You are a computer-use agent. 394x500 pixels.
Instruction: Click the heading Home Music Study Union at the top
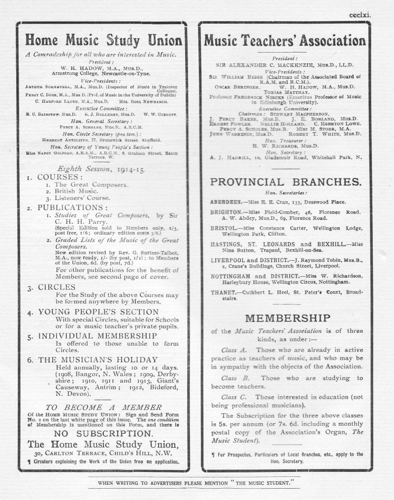pyautogui.click(x=103, y=40)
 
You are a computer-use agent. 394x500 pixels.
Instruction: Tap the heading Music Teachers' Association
pyautogui.click(x=285, y=40)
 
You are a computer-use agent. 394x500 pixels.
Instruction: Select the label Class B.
pyautogui.click(x=235, y=378)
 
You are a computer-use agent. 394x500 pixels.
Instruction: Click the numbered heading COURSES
pyautogui.click(x=58, y=176)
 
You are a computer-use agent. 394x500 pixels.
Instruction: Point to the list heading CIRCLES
pyautogui.click(x=55, y=288)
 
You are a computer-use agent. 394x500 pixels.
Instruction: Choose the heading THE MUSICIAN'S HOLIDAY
pyautogui.click(x=98, y=360)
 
